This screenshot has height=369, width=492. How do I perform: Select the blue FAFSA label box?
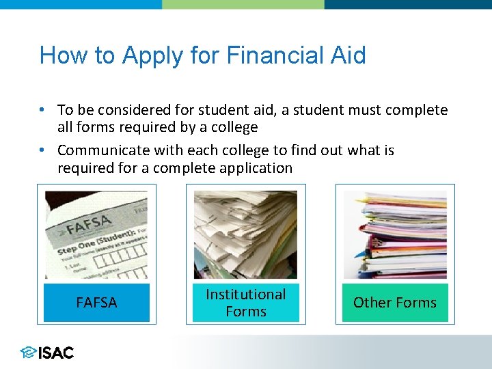96,303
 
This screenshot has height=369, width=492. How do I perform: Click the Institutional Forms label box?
245,303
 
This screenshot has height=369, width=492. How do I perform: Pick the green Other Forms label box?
394,303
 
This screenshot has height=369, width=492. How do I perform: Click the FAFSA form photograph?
96,234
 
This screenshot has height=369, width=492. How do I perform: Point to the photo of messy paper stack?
245,234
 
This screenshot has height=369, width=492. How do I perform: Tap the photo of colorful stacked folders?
394,234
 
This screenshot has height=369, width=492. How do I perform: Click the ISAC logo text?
56,353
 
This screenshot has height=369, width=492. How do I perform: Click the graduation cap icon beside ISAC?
28,353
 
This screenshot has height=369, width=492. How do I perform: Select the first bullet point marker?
42,110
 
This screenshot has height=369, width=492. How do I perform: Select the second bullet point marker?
42,150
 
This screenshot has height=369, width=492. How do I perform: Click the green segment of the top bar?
243,4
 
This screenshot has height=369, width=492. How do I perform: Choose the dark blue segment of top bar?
408,4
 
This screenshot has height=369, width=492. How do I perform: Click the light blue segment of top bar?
81,4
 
